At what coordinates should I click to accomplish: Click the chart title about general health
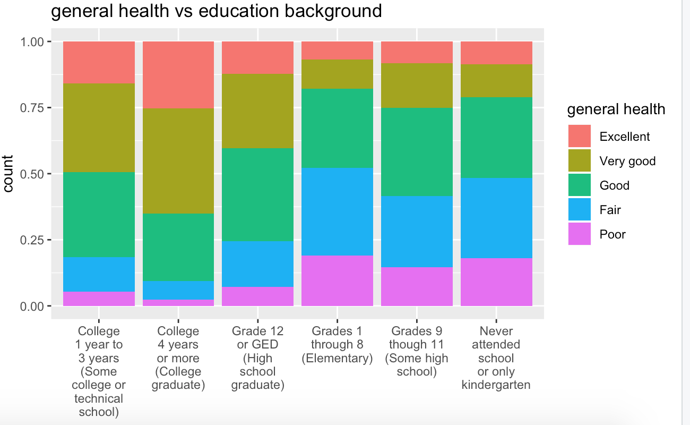click(216, 11)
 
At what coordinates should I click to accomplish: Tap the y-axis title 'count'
click(9, 174)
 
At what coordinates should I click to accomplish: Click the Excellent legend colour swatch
click(580, 137)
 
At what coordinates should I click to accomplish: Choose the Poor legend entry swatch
click(580, 234)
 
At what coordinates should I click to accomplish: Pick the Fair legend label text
click(610, 210)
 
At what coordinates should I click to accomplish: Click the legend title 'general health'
click(616, 109)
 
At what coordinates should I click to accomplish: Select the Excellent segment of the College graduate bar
click(178, 74)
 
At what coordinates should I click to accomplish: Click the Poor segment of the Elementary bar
click(338, 280)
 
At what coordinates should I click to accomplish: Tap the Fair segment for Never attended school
click(496, 218)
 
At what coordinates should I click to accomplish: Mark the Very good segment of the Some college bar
click(99, 127)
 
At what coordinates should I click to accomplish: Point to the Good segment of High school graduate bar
click(258, 194)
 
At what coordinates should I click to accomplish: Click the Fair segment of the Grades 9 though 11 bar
click(417, 232)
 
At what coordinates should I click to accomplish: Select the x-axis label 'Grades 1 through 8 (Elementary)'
click(338, 345)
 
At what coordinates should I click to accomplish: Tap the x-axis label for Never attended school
click(496, 358)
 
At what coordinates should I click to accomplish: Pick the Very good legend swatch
click(580, 161)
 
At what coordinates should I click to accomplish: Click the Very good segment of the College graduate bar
click(178, 160)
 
